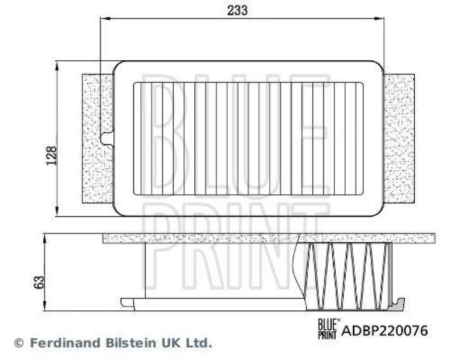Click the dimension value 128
point(51,155)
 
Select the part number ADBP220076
point(385,331)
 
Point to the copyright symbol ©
point(19,343)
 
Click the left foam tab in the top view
point(97,138)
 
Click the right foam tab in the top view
point(400,138)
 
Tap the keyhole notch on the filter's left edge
point(106,138)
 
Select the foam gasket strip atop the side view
point(269,238)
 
